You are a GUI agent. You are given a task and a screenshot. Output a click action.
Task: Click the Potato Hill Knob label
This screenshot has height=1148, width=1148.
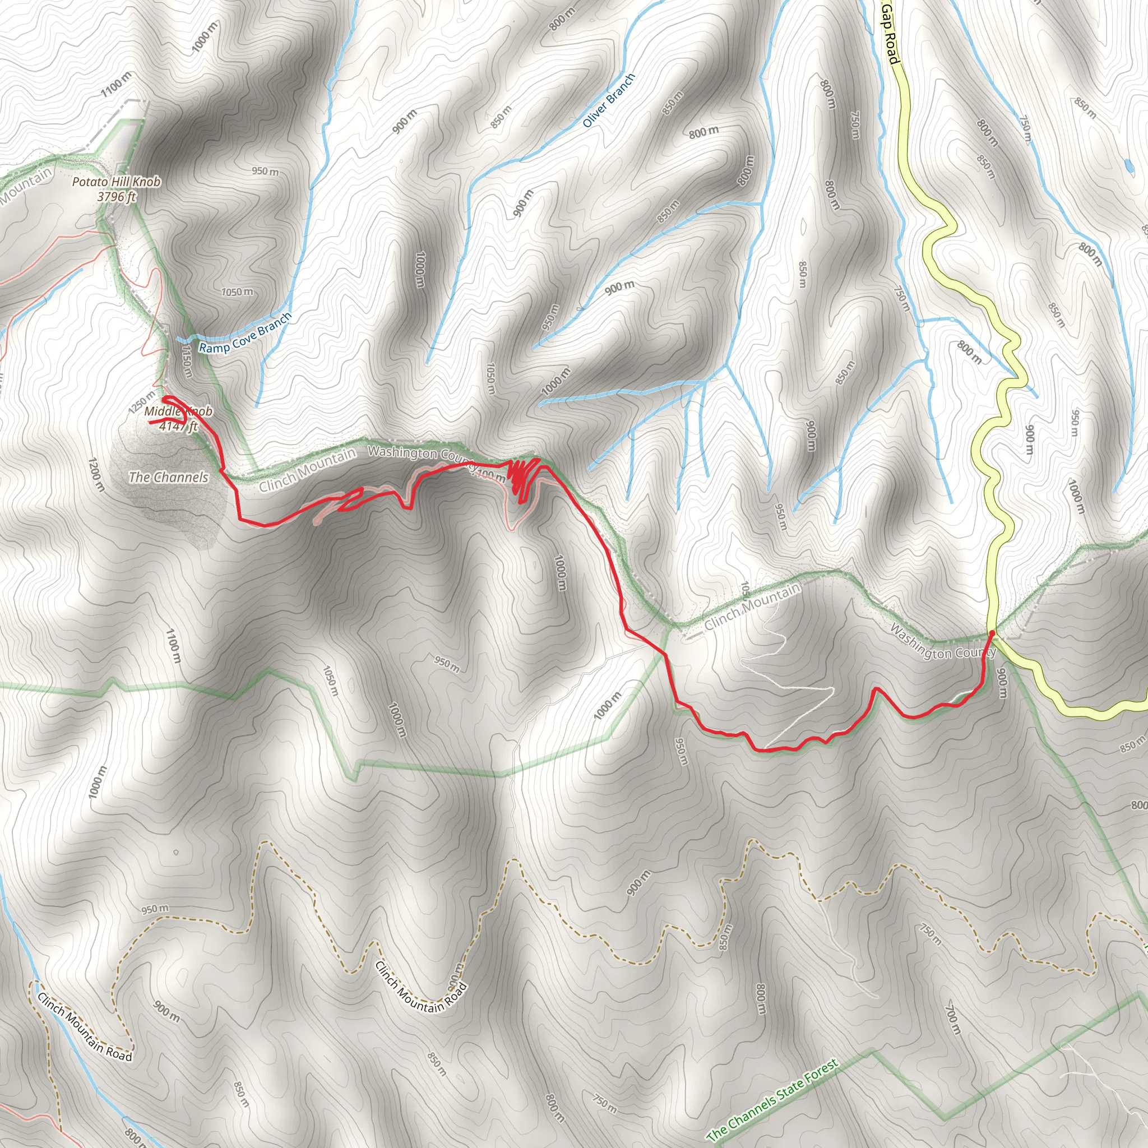[x=117, y=182]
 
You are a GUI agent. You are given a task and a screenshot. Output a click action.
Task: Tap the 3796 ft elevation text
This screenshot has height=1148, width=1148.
[x=117, y=197]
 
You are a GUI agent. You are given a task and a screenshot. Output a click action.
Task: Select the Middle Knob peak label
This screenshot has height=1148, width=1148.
[x=178, y=411]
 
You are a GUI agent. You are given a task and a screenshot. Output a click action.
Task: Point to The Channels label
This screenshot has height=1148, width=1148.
[x=169, y=477]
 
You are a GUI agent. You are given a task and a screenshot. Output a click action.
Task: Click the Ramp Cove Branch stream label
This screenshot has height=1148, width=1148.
[x=245, y=334]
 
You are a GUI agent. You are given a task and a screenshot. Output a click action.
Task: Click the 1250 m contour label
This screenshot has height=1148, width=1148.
[x=141, y=403]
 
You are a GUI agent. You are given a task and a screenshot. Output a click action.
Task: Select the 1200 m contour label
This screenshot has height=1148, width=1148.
[x=96, y=474]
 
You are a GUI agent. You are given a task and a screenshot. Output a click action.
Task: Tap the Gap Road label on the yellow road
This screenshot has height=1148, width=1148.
[x=890, y=32]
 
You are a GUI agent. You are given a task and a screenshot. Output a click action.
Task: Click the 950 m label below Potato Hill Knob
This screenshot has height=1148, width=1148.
[x=265, y=171]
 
